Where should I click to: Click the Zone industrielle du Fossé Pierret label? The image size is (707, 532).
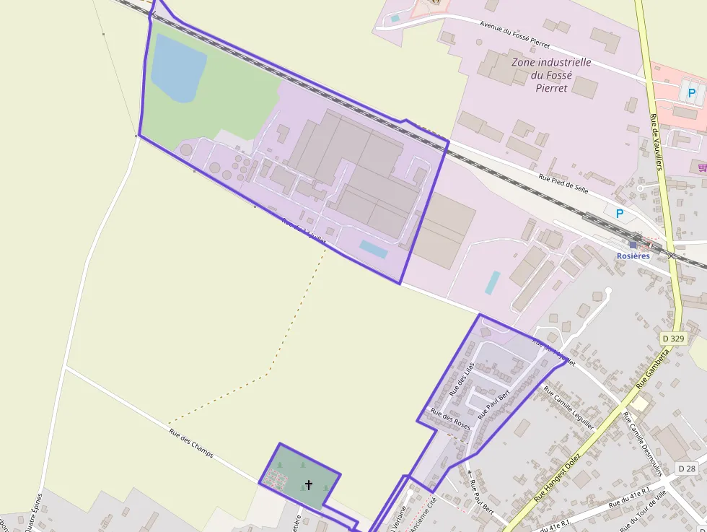(550, 75)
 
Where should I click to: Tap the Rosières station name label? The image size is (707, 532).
(633, 256)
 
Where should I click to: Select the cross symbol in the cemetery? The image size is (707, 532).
(309, 485)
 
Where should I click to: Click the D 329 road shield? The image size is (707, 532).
(672, 338)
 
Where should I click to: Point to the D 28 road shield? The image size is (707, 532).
(688, 468)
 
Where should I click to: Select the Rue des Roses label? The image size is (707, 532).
(450, 419)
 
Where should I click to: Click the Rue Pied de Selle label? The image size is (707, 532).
(563, 181)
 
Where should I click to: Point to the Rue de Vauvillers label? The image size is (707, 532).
(655, 142)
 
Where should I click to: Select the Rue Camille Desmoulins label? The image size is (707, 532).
(644, 440)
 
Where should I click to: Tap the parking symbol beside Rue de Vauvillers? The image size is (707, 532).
(692, 92)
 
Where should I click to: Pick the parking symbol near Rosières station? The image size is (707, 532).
(619, 214)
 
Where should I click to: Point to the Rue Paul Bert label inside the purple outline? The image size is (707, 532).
(494, 404)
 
